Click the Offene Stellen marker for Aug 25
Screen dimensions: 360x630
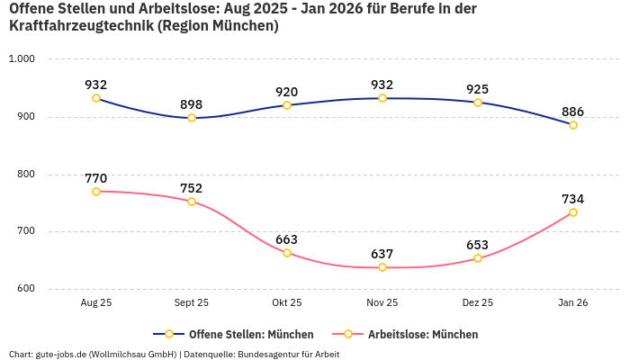point(96,98)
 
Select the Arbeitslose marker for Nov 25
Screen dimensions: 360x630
point(382,267)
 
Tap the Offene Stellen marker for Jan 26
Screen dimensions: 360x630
point(573,125)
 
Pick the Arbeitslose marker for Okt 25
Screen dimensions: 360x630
point(287,253)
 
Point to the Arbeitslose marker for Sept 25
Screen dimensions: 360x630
point(192,202)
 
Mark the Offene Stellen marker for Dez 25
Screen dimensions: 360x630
point(478,103)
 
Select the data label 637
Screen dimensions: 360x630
point(382,254)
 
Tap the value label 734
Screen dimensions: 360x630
point(573,199)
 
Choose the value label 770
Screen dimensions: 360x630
point(96,178)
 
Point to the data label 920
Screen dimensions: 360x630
point(287,92)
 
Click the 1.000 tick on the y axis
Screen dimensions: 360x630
point(21,59)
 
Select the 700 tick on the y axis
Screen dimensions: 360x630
point(24,231)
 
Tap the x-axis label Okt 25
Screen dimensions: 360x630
point(287,303)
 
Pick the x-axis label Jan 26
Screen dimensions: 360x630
point(573,303)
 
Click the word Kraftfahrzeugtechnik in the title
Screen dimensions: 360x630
point(80,26)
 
